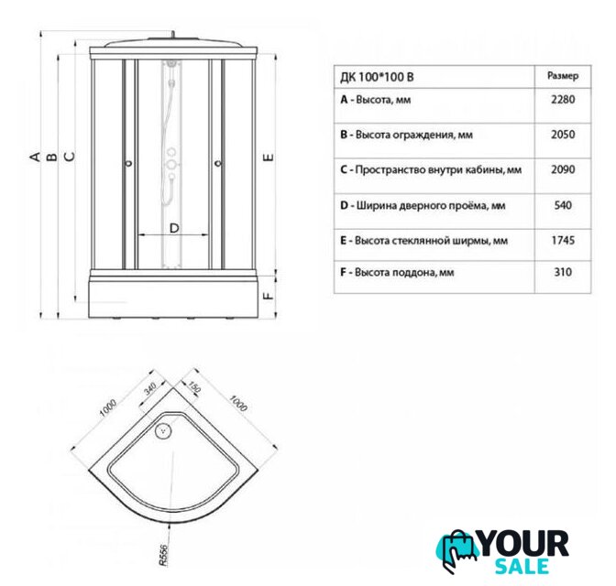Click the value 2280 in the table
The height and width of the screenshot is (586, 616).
point(563,99)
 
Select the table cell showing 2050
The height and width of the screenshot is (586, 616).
point(563,135)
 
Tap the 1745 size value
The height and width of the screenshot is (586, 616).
point(563,240)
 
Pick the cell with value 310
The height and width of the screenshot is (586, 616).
point(563,272)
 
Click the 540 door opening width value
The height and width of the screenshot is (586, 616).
point(563,205)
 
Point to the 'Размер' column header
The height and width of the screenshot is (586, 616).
point(563,76)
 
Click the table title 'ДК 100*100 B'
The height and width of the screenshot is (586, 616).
point(377,77)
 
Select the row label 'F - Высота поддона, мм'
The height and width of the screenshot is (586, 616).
point(397,272)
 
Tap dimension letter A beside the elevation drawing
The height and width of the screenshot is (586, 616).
point(36,157)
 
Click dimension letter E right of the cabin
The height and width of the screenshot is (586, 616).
point(269,157)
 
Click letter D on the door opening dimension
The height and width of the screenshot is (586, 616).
point(174,228)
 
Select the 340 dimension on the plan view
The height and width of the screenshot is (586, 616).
point(150,388)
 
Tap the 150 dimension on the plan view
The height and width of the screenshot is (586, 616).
point(193,386)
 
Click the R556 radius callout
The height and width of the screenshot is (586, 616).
point(163,555)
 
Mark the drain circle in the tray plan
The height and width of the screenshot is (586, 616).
point(162,431)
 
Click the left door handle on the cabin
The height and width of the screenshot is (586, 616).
point(129,163)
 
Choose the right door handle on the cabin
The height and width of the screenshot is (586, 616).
point(218,163)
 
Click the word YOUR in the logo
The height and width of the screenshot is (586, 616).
point(524,544)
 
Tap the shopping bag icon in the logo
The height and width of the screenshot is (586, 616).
point(456,548)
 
